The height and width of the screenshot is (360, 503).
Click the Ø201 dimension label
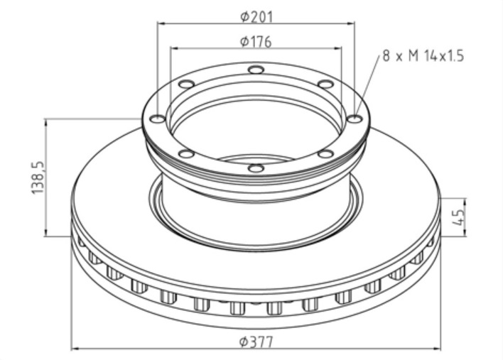click(256, 17)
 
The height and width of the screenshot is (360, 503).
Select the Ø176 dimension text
click(256, 42)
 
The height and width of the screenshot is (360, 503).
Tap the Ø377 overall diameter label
click(256, 342)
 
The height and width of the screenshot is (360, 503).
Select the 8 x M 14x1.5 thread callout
click(423, 56)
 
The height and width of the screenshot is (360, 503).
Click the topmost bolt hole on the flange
click(256, 70)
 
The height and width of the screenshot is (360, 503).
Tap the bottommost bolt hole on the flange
click(256, 168)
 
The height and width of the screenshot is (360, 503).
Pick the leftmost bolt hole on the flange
click(158, 119)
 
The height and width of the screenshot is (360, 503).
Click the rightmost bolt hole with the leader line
click(355, 119)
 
